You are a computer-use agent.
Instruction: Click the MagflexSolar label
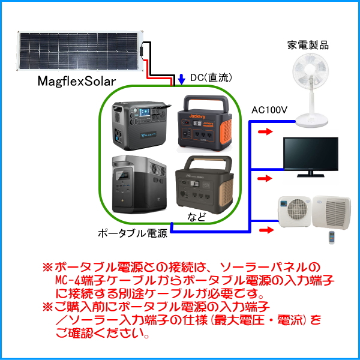pos(76,81)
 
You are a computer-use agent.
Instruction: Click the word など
pos(197,217)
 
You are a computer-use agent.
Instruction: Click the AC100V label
pos(270,110)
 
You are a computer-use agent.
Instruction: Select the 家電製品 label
pos(308,45)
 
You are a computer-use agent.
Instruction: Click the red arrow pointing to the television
pos(262,178)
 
